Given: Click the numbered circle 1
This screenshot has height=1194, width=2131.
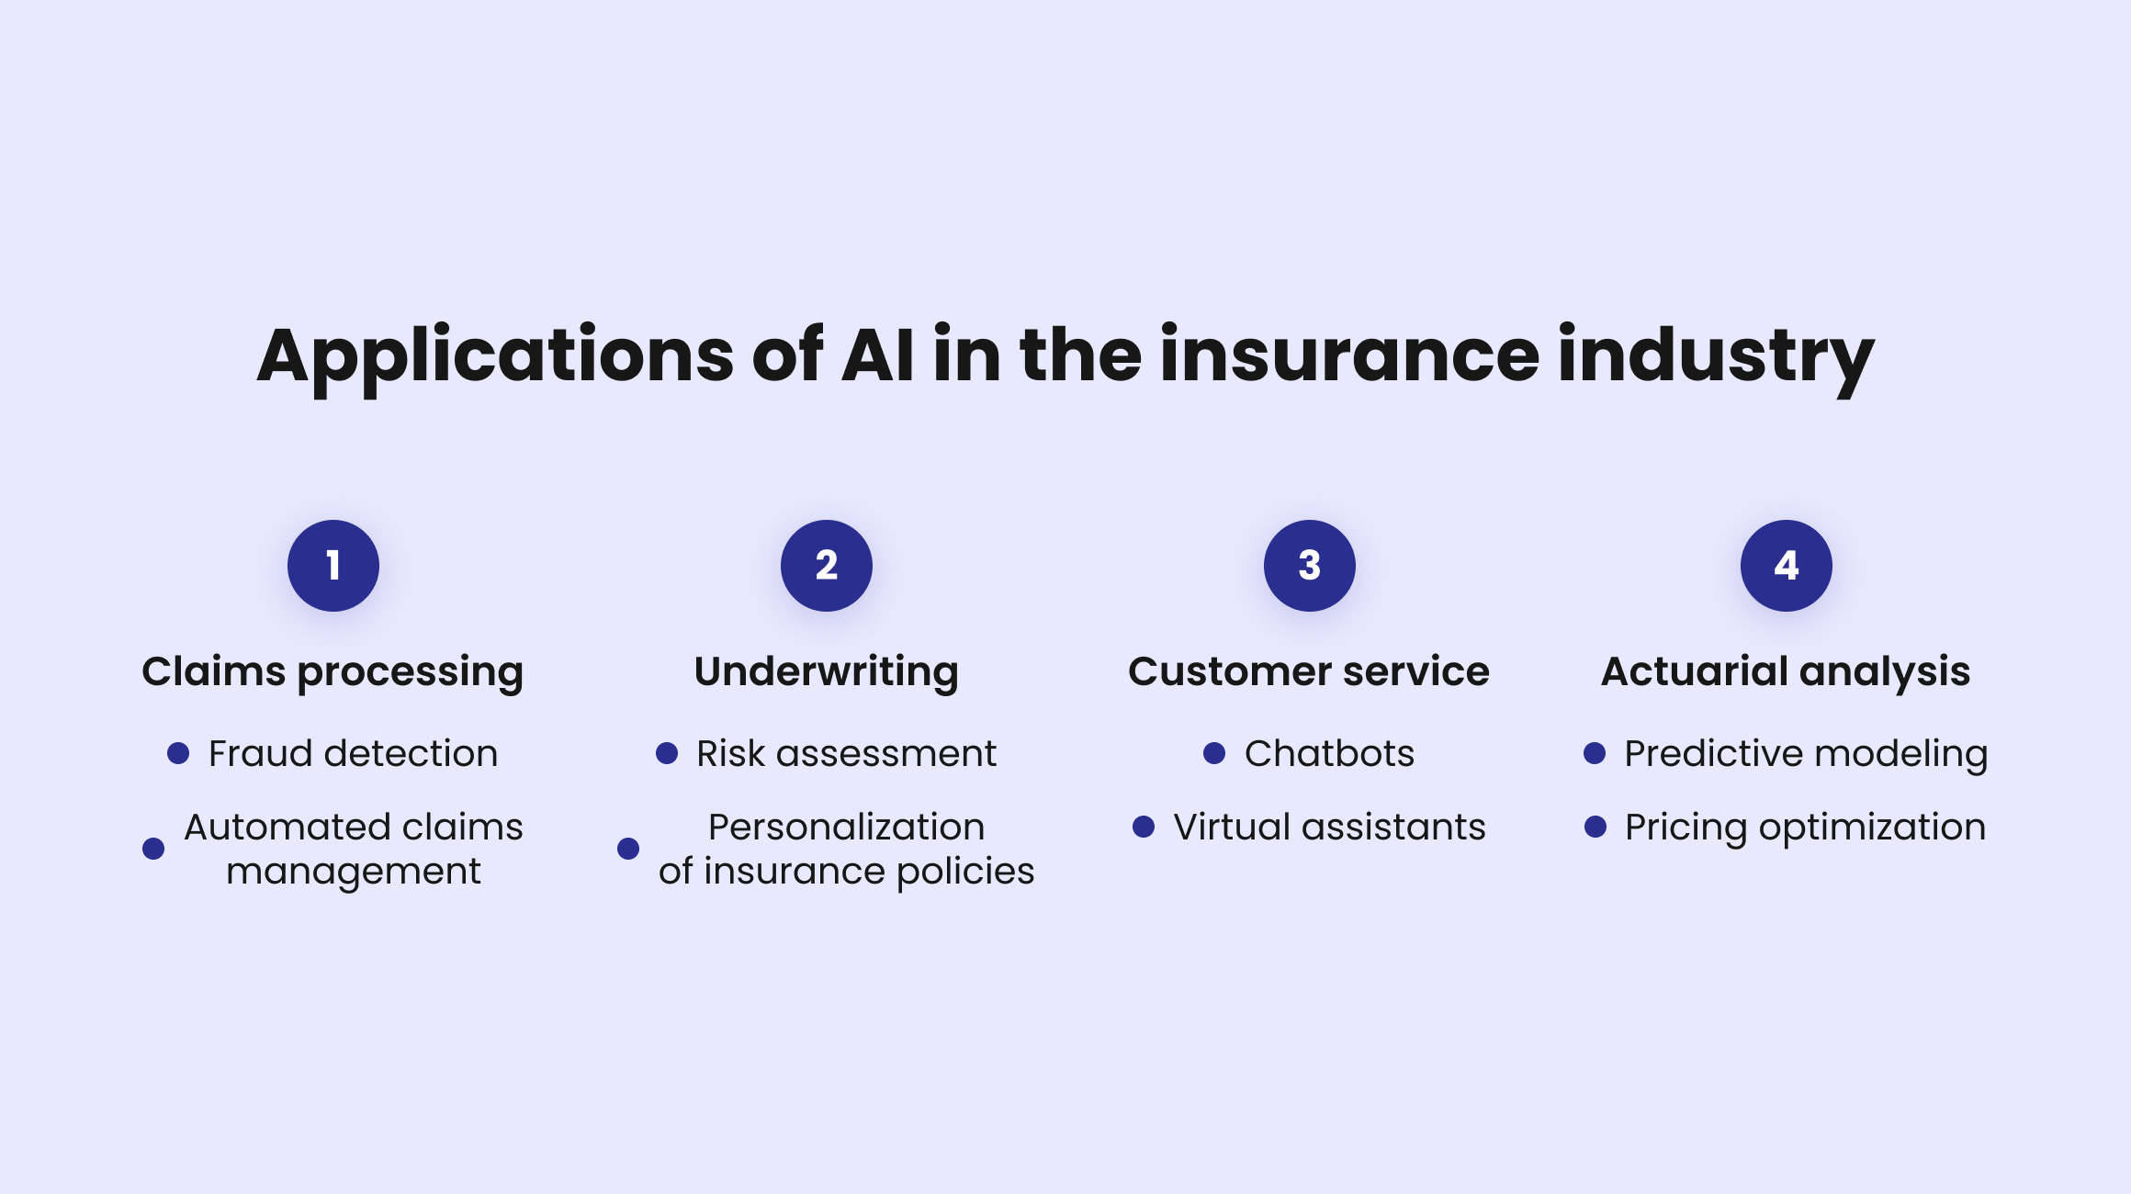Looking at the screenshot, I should (333, 566).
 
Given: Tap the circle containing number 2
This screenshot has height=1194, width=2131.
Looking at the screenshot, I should (827, 566).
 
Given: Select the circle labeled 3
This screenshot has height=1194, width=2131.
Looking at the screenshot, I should (1310, 566).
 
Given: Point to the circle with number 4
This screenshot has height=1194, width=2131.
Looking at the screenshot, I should (1787, 566).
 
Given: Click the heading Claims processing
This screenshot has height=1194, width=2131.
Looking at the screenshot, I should (333, 672).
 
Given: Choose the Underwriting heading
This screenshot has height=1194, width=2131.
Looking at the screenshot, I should (827, 671).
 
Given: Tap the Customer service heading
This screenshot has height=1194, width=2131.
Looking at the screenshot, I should (1309, 671).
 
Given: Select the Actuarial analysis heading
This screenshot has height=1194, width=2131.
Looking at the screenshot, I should (1786, 671).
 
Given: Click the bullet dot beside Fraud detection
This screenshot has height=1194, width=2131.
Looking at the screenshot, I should (178, 754).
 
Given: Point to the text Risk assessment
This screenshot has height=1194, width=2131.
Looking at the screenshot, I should (846, 754).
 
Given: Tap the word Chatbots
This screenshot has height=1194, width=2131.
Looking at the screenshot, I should (1329, 754).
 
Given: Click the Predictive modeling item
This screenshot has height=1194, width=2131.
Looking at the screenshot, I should (1806, 754).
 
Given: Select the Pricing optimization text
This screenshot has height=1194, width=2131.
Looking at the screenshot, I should (1805, 828).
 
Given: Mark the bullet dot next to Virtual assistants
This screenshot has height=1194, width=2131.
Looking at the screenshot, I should (1144, 827).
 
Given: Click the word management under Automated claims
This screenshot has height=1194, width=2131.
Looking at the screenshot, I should (354, 872).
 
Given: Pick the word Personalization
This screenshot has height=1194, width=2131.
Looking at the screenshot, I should (846, 828).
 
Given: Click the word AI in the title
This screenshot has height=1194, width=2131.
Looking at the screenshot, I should (878, 356).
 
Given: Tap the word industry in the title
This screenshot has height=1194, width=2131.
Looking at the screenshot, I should (1716, 356).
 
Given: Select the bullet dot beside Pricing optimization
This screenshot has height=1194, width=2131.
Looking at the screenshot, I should (1595, 827).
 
